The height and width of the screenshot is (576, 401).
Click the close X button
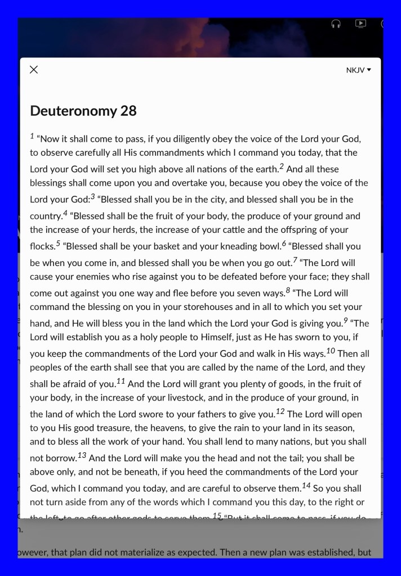point(34,70)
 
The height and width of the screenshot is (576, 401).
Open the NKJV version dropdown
point(359,70)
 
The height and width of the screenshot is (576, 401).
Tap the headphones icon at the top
point(336,24)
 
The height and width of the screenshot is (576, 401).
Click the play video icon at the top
point(360,24)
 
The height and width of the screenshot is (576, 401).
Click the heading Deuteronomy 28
point(83,110)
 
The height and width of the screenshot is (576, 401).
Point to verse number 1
point(32,136)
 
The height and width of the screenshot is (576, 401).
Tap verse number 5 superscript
point(57,243)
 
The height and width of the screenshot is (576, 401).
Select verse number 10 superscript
point(331,351)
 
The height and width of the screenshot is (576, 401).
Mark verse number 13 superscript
point(82,455)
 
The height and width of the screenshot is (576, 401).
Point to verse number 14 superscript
point(306,485)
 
